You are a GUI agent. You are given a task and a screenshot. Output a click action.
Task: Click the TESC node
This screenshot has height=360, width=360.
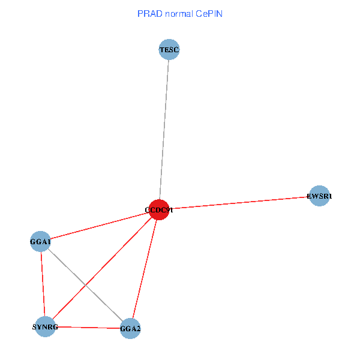(x=169, y=50)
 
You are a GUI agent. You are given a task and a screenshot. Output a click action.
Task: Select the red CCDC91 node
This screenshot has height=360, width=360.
(x=158, y=209)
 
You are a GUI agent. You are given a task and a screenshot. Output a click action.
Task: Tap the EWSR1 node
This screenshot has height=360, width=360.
(x=320, y=196)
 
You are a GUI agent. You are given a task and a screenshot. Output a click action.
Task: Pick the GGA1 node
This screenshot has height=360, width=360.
(x=40, y=242)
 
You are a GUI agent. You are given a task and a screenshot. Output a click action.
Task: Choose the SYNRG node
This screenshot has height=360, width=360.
(x=45, y=326)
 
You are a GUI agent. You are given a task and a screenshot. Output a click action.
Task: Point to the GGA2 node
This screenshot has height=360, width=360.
(x=130, y=329)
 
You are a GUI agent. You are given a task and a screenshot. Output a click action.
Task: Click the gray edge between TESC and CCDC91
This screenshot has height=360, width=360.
(x=164, y=130)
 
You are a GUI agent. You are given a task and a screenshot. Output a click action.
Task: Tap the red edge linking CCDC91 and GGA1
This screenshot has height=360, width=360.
(x=100, y=226)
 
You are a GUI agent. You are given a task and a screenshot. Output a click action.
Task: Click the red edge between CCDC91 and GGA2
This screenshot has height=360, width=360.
(x=145, y=269)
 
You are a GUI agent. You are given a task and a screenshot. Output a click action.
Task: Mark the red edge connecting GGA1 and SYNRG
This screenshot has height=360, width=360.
(x=43, y=284)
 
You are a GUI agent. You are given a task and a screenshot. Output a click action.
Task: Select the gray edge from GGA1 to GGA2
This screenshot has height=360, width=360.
(x=85, y=285)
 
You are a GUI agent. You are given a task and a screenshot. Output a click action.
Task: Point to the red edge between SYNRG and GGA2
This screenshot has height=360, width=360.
(x=88, y=328)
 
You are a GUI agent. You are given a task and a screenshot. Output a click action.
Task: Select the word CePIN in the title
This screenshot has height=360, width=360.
(x=209, y=13)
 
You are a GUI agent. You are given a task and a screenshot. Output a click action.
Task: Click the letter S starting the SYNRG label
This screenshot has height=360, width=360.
(x=34, y=327)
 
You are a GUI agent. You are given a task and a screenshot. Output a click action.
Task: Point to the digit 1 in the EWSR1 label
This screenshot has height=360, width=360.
(x=330, y=196)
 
